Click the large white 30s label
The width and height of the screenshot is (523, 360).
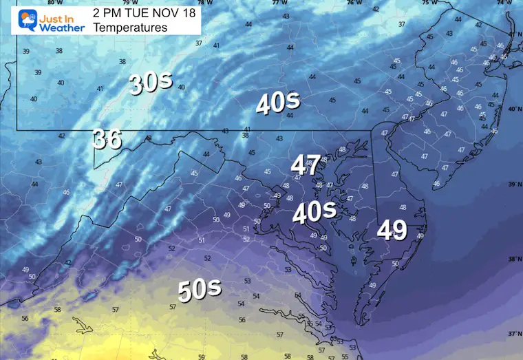click(150, 84)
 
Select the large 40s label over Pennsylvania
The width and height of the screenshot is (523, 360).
click(278, 103)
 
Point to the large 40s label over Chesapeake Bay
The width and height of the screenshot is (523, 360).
click(314, 213)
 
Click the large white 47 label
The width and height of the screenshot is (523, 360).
click(306, 165)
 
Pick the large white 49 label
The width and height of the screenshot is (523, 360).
click(392, 231)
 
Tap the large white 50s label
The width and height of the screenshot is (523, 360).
click(200, 290)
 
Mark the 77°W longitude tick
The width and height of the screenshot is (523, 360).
click(279, 3)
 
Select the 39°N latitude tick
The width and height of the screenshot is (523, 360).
click(513, 184)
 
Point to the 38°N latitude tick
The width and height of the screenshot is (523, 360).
click(513, 260)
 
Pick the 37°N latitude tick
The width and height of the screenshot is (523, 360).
click(513, 333)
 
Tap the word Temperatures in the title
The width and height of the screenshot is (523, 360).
click(130, 28)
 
